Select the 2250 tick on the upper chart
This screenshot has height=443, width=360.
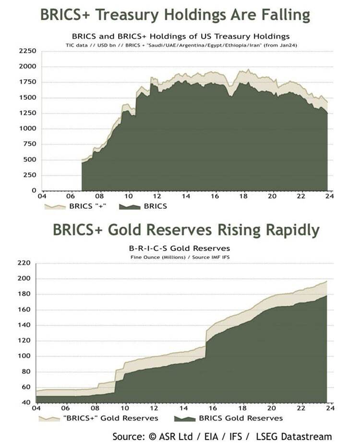click(27, 51)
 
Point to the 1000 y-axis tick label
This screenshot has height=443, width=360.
click(27, 129)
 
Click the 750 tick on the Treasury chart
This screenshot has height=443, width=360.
click(29, 144)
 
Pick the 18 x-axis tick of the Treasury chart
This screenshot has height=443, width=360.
click(243, 196)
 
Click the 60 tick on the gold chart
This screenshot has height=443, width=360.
click(27, 387)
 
